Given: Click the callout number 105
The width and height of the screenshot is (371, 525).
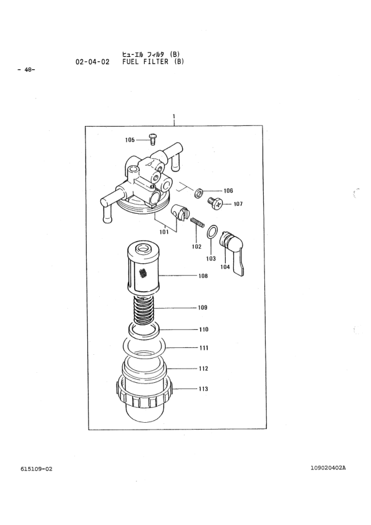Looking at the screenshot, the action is pyautogui.click(x=130, y=140).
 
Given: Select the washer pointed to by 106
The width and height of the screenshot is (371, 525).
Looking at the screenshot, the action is pyautogui.click(x=199, y=193).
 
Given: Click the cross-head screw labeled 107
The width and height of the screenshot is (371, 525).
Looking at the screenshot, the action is pyautogui.click(x=215, y=203).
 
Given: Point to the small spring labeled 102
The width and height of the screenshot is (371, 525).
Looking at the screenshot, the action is pyautogui.click(x=198, y=223).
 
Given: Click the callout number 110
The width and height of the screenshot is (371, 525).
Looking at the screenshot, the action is pyautogui.click(x=203, y=329).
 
